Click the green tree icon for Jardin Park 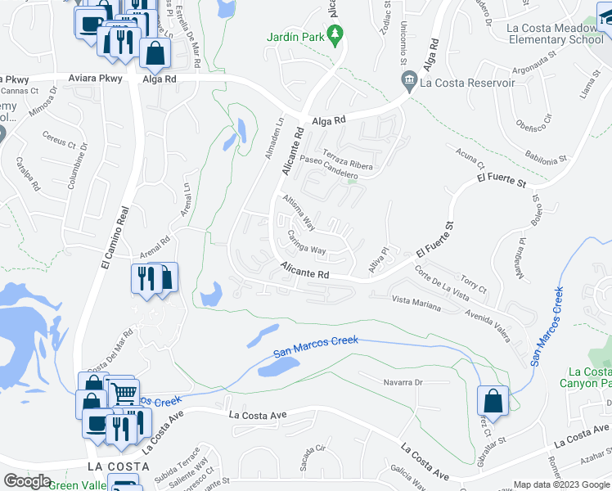coord(335,34)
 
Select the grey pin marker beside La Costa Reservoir coord(408,80)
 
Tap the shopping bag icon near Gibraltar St coord(492,401)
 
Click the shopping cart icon coord(124,393)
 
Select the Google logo coord(28,480)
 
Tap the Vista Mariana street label coord(416,304)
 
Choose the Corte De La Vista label coord(441,282)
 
